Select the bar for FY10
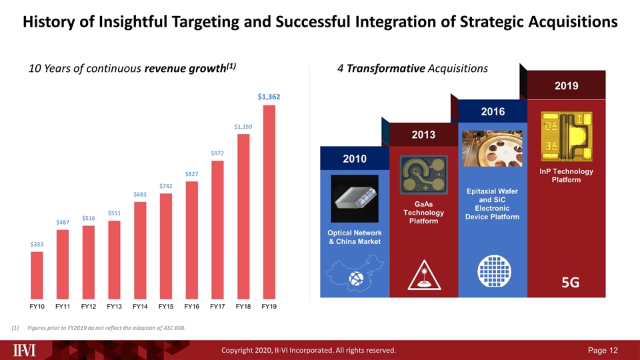(x=37, y=275)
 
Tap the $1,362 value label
(x=269, y=97)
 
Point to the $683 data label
(x=141, y=194)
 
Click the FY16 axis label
(x=192, y=307)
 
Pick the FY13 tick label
(x=115, y=307)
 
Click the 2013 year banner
(x=423, y=135)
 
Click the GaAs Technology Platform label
(x=423, y=212)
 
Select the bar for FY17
(x=218, y=229)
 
